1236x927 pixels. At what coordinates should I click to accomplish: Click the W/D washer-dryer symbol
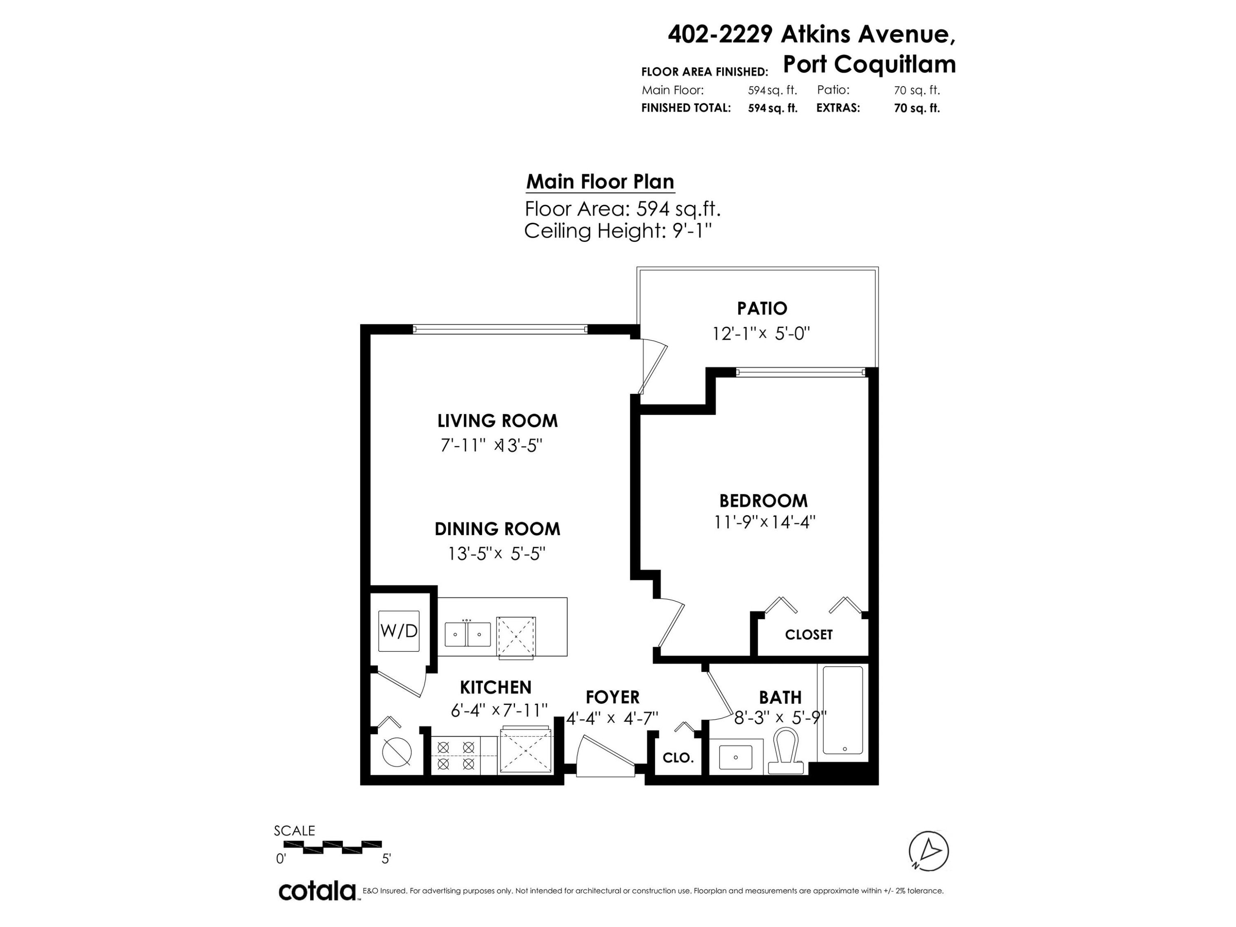point(398,631)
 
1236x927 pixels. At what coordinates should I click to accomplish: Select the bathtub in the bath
point(843,711)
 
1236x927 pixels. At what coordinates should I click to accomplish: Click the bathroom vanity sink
point(735,757)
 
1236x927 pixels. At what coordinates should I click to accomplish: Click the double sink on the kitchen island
point(468,634)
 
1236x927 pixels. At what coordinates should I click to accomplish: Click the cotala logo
point(317,891)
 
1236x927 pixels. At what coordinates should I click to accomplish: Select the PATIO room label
point(762,309)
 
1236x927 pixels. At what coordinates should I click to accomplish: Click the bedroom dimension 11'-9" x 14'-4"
point(764,522)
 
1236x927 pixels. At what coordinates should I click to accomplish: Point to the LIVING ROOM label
point(497,421)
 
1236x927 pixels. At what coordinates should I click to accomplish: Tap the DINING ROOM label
point(497,529)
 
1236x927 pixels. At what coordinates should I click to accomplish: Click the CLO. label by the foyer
point(678,758)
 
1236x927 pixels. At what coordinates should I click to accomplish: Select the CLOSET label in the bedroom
point(808,635)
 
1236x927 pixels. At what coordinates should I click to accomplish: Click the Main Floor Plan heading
point(600,182)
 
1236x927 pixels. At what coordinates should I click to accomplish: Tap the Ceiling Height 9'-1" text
point(618,231)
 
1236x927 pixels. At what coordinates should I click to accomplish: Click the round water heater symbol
point(397,752)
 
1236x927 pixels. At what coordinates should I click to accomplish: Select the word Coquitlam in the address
point(895,65)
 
